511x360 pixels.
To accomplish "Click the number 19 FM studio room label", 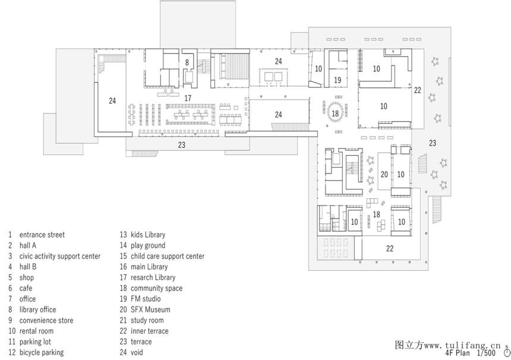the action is coord(337,80).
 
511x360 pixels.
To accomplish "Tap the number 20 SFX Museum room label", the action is coord(384,175).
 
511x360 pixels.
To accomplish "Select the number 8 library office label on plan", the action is coord(187,62).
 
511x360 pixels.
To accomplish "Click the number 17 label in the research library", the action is coord(188,98).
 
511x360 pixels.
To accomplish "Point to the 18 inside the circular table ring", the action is coord(335,113).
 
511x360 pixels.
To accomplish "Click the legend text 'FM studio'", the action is coord(146,299).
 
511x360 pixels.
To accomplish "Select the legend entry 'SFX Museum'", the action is coord(150,310).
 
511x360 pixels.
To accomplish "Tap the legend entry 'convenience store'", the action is coord(46,320).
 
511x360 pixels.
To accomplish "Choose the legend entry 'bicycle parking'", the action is coord(42,352).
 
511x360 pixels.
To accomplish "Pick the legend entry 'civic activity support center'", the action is coord(60,256).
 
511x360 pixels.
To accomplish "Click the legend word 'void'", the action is coord(137,352).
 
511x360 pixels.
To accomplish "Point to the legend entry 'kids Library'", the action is coord(148,235).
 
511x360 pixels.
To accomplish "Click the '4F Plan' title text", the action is coord(458,353).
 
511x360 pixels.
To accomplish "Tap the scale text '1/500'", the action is coord(486,353).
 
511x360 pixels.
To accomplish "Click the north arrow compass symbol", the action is coord(507,352).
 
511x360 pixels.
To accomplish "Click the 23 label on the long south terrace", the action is coord(181,145).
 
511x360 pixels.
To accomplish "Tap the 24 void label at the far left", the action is coord(112,100).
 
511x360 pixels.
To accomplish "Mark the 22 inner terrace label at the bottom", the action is coord(390,248).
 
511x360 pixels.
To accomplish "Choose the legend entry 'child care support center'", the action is coord(168,256).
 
